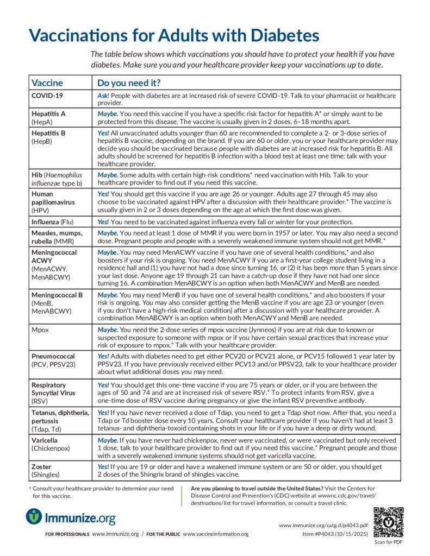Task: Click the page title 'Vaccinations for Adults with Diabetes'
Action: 173,35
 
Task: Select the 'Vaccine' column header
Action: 47,83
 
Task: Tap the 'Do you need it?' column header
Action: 128,83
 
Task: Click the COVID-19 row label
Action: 47,95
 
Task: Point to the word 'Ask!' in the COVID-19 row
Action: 103,95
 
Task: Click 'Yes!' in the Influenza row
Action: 103,222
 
